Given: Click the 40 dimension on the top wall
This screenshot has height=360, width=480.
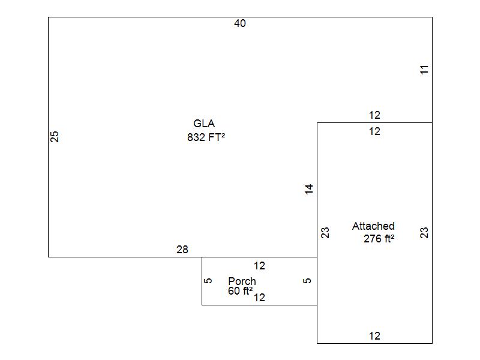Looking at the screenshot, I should [x=240, y=23].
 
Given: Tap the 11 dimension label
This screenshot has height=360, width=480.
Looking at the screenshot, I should [x=425, y=70].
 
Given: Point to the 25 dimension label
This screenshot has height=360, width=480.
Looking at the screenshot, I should [x=55, y=136].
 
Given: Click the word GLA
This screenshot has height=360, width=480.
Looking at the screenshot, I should [x=204, y=124].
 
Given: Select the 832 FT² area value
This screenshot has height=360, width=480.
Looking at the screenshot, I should [x=206, y=137].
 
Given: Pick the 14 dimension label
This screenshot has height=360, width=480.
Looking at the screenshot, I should [x=309, y=189].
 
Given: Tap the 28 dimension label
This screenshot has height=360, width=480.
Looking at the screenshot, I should [x=182, y=250].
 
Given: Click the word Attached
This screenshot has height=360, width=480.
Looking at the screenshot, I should [x=373, y=226].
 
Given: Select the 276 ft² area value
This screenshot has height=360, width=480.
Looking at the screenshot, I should [x=379, y=238].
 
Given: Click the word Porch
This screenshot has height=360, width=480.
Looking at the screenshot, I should [x=242, y=281].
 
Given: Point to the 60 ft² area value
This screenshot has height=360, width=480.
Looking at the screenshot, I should [x=240, y=291].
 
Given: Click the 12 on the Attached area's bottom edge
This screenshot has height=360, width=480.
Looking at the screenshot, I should [x=374, y=336].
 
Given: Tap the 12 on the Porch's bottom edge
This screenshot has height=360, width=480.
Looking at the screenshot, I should [x=259, y=297].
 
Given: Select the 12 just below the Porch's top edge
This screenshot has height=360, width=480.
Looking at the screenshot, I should [x=259, y=266].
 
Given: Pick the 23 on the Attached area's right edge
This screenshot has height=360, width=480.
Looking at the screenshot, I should [x=425, y=233].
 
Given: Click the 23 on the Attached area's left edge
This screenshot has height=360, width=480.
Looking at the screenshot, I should [x=325, y=233].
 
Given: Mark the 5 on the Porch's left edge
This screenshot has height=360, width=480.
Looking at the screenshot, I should [x=208, y=280].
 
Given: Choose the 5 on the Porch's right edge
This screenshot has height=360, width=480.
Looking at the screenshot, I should [x=308, y=280].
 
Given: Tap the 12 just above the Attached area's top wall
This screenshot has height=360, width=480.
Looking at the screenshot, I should [x=374, y=115].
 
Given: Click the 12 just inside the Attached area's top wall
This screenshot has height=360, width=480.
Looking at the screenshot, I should [x=374, y=131].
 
